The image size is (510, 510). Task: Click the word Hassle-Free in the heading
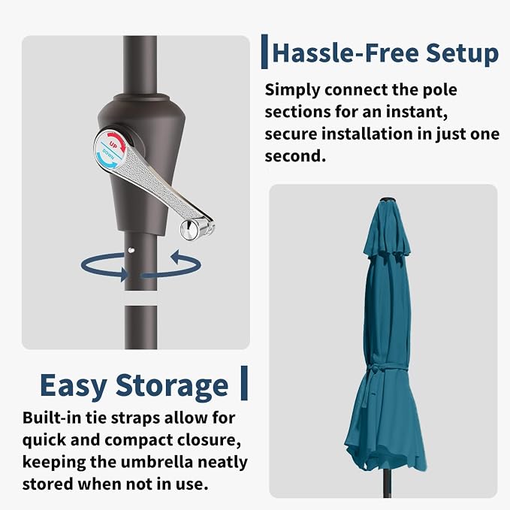pyautogui.click(x=346, y=53)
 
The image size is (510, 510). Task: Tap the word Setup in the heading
pyautogui.click(x=462, y=53)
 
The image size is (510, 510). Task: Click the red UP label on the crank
pyautogui.click(x=113, y=144)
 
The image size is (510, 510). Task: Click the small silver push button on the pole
pyautogui.click(x=131, y=250)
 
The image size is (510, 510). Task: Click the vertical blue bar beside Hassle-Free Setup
pyautogui.click(x=264, y=51)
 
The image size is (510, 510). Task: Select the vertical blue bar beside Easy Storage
pyautogui.click(x=244, y=383)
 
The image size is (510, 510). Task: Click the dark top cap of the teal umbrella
pyautogui.click(x=388, y=200)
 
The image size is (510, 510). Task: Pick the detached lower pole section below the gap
pyautogui.click(x=141, y=327)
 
